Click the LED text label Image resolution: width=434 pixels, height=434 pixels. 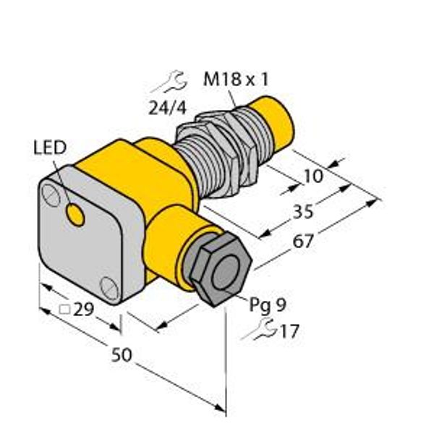tap(50, 148)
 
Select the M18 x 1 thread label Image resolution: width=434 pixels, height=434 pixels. tap(236, 79)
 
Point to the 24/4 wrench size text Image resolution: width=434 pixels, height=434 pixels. tap(168, 108)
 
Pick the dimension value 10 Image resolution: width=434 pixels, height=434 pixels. tap(313, 176)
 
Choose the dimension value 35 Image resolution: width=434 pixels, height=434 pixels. tap(303, 212)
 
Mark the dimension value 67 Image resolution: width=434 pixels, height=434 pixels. tap(303, 241)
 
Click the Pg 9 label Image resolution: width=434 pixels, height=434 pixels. tap(268, 305)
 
